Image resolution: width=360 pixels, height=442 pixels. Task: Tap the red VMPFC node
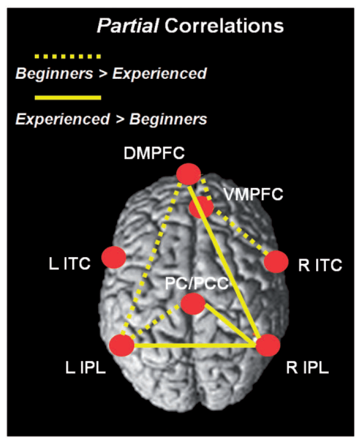[201, 206]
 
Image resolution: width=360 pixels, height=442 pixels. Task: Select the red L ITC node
[114, 257]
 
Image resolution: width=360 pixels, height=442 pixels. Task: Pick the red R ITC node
[276, 262]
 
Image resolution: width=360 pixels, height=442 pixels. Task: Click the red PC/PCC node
[193, 304]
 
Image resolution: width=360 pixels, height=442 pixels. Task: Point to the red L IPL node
[122, 345]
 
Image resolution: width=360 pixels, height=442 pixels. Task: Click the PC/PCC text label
[197, 283]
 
